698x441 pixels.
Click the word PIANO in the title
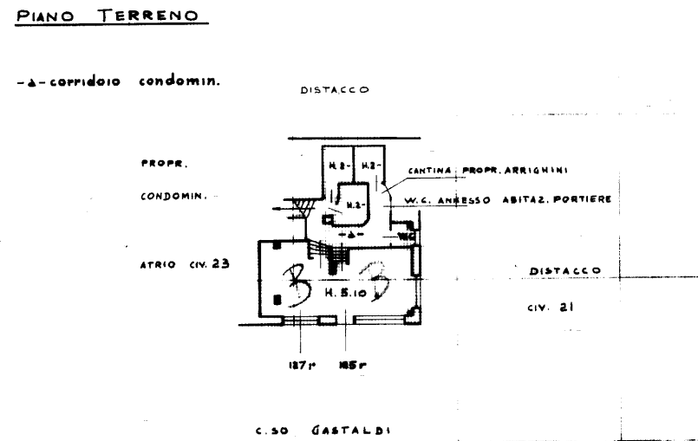pyautogui.click(x=44, y=16)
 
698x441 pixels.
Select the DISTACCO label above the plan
pyautogui.click(x=335, y=89)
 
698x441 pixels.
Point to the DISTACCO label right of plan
pyautogui.click(x=565, y=271)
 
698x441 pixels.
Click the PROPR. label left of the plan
pyautogui.click(x=163, y=163)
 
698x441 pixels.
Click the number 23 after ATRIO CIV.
pyautogui.click(x=221, y=265)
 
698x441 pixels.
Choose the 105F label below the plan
pyautogui.click(x=350, y=365)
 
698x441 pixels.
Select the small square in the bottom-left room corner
pyautogui.click(x=277, y=299)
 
